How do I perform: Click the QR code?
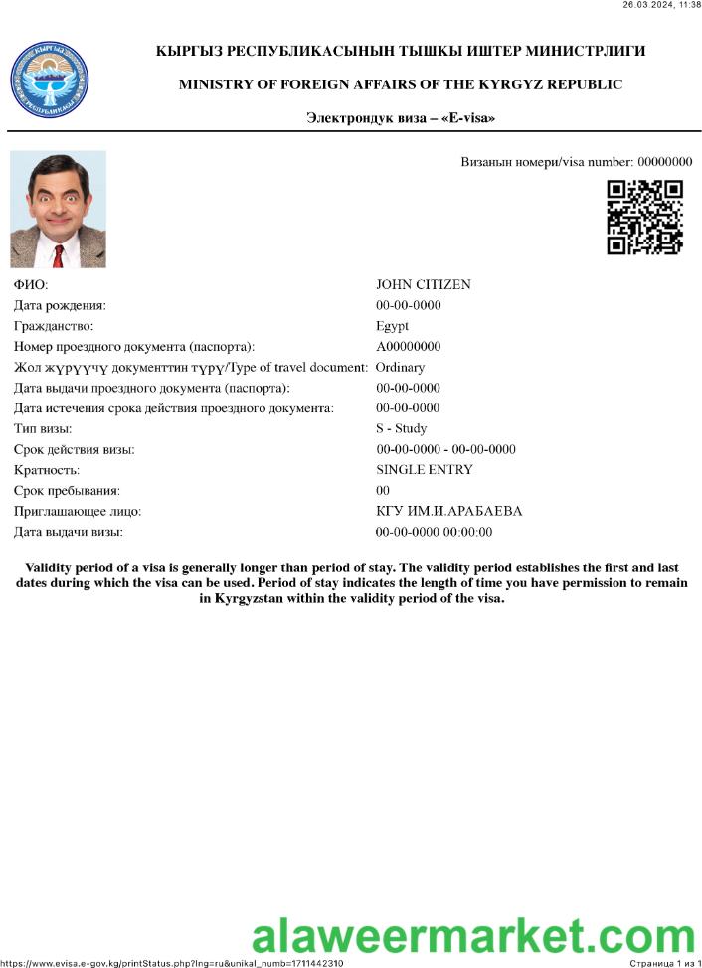[644, 217]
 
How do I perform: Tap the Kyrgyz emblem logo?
[49, 81]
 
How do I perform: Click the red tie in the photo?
[58, 255]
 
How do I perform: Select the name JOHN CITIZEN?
[423, 285]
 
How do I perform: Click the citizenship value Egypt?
[392, 326]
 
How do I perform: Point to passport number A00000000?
[408, 347]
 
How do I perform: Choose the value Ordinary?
[400, 368]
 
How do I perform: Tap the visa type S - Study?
[401, 429]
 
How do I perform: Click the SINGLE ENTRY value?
[424, 470]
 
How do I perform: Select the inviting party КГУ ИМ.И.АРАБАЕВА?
[448, 512]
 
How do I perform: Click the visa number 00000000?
[664, 162]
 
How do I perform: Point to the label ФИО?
[30, 285]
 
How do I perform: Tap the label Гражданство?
[54, 326]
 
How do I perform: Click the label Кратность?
[46, 470]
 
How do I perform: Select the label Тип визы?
[43, 429]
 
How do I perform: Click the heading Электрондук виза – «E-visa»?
[400, 118]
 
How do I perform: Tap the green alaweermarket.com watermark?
[472, 937]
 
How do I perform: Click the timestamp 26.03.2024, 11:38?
[661, 5]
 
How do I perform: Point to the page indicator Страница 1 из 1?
[665, 963]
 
